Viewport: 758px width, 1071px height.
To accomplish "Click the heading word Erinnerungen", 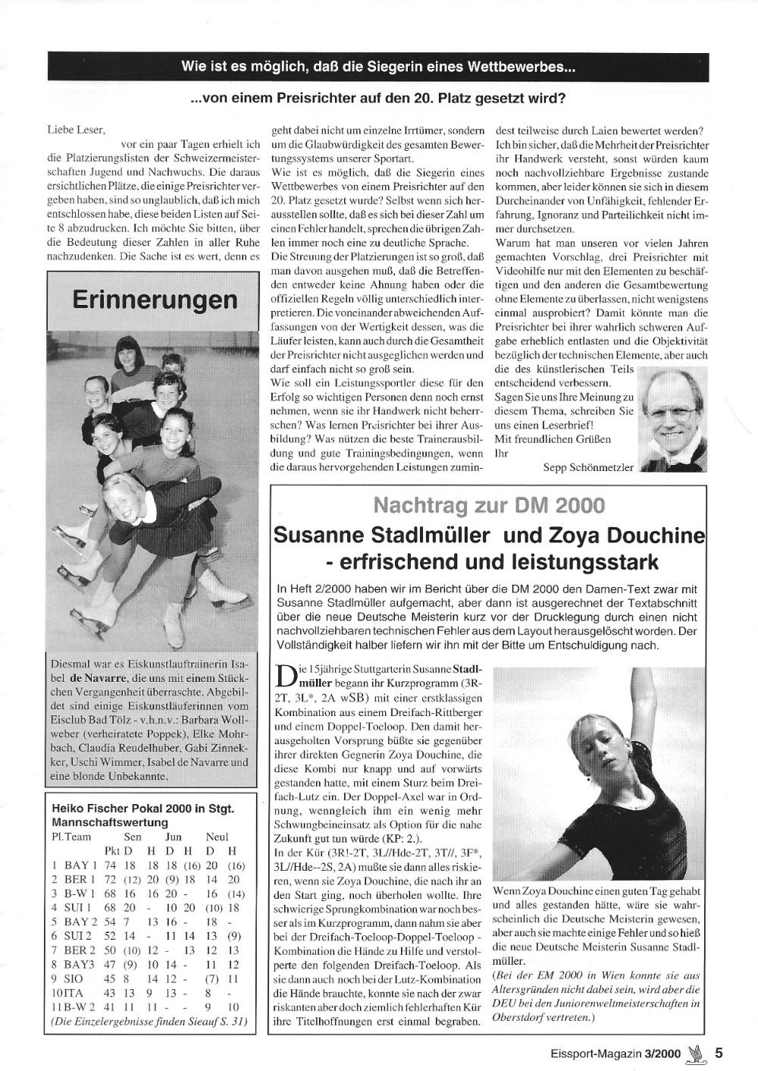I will (x=155, y=300).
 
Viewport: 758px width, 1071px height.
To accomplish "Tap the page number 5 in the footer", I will (x=719, y=1052).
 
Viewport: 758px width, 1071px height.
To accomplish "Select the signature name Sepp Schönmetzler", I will (x=588, y=468).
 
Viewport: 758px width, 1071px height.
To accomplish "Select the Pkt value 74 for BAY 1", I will (x=110, y=864).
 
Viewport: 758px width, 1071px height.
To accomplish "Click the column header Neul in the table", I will (x=218, y=837).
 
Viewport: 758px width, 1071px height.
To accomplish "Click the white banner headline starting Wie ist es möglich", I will (x=378, y=67).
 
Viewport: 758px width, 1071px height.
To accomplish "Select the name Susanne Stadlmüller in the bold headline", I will (x=384, y=536).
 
